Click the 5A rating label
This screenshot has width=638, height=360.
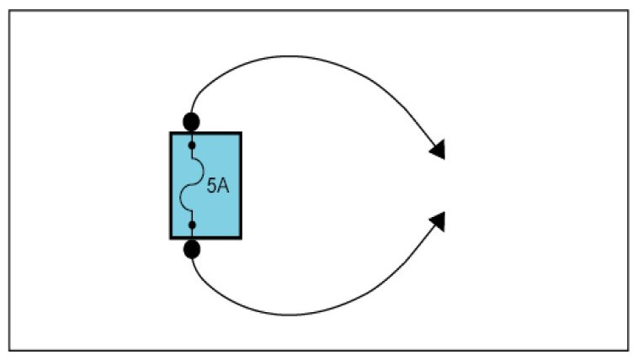(217, 185)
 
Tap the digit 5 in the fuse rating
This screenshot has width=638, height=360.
(211, 185)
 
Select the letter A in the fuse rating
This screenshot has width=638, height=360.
(223, 185)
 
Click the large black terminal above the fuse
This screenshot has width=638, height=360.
(192, 120)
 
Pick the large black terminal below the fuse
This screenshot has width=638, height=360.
(192, 249)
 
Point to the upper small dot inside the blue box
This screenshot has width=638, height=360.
(192, 146)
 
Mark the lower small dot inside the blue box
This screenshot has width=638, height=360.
(192, 225)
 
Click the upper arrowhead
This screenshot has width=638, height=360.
(437, 150)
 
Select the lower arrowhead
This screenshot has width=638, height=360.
(437, 221)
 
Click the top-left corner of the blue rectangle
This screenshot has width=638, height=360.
(171, 133)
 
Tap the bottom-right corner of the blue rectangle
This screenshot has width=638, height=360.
(242, 238)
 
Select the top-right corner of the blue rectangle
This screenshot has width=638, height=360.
(242, 133)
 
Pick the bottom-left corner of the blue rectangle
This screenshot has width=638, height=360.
(171, 238)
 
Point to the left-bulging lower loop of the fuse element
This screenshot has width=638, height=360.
(184, 200)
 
